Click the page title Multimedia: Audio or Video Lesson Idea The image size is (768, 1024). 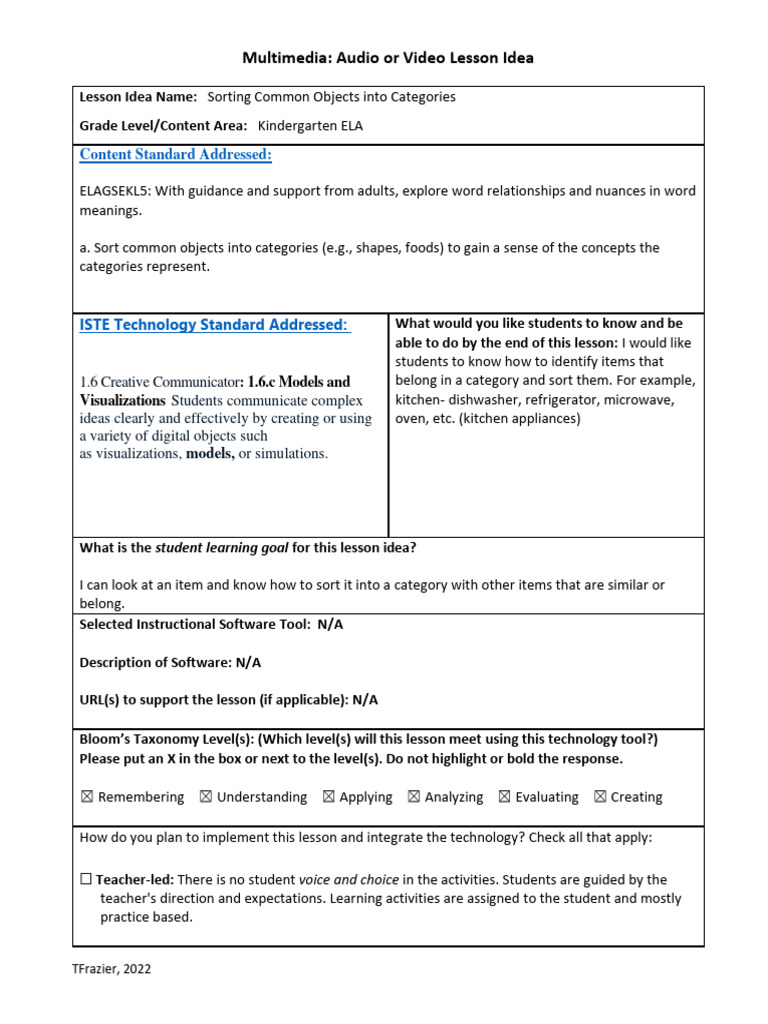pos(388,58)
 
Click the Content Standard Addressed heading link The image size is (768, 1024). pos(175,155)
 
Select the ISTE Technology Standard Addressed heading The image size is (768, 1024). pos(214,325)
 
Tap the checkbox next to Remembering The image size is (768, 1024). pos(86,797)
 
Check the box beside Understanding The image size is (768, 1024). pos(205,797)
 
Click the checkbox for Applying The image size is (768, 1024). pos(328,797)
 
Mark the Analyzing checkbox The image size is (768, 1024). pos(413,797)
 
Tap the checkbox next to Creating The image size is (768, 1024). pos(599,797)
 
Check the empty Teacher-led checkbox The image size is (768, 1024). pos(86,880)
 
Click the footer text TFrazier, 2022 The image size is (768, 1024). pos(112,968)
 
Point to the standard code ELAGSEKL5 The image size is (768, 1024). pos(119,191)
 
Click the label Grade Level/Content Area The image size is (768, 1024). pos(162,126)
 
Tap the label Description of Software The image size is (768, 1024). pos(154,662)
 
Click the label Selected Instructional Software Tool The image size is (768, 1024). pos(195,624)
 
